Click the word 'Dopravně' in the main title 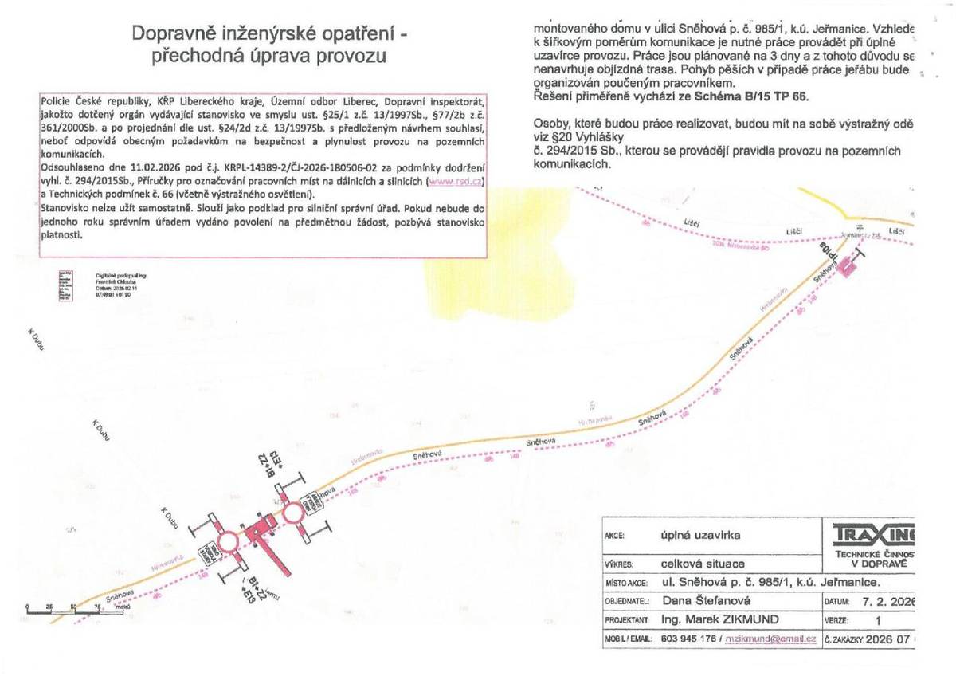[x=170, y=33]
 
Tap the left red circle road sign [x=228, y=541]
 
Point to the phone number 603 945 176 [x=691, y=639]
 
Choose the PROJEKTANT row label [x=628, y=620]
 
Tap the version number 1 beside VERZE [x=879, y=620]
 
